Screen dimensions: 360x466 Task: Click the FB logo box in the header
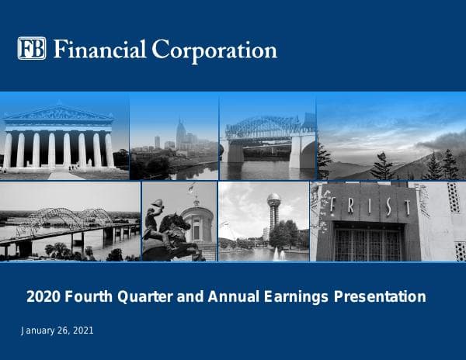click(32, 49)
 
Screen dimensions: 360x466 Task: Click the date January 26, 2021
click(57, 331)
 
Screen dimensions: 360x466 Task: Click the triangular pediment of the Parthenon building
click(59, 113)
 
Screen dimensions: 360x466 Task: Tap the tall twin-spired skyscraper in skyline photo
click(180, 133)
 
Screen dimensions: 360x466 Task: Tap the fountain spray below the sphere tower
click(277, 252)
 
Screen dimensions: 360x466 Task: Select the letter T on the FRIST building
click(404, 207)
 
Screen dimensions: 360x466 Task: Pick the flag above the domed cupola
click(191, 189)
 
